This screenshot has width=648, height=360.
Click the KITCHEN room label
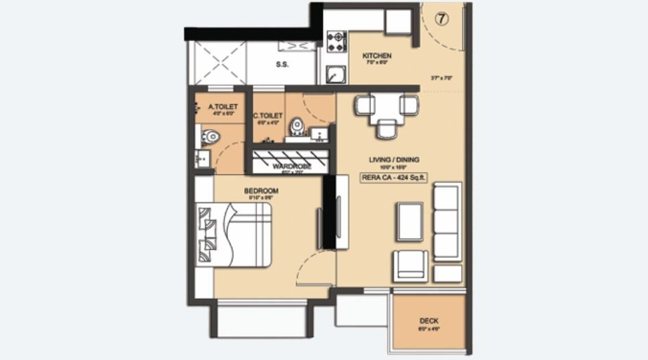point(376,56)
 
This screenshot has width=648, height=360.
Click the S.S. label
point(281,65)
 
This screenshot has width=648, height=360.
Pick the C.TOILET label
point(268,117)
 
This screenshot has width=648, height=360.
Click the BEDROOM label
point(261,190)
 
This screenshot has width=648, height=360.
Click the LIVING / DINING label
point(394,160)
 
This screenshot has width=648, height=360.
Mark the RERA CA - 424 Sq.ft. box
point(394,176)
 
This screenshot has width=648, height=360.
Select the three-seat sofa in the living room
point(447,221)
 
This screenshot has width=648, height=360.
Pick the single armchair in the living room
point(410,266)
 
